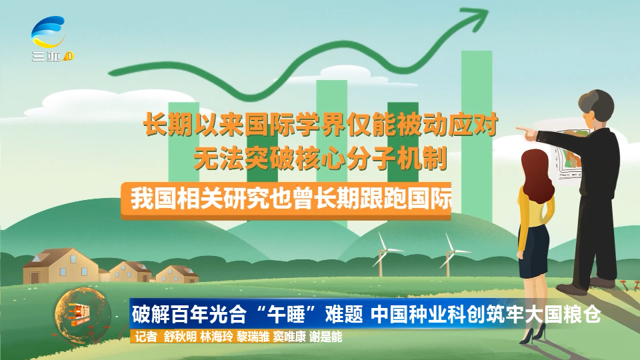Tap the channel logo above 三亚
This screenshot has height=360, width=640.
point(48,32)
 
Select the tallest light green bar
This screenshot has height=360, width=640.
point(476,135)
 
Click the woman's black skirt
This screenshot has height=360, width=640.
point(533,251)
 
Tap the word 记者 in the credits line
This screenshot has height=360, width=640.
point(146,337)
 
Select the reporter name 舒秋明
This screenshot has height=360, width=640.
point(180,337)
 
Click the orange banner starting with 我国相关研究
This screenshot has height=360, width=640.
point(286,201)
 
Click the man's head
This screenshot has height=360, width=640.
point(597,106)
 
